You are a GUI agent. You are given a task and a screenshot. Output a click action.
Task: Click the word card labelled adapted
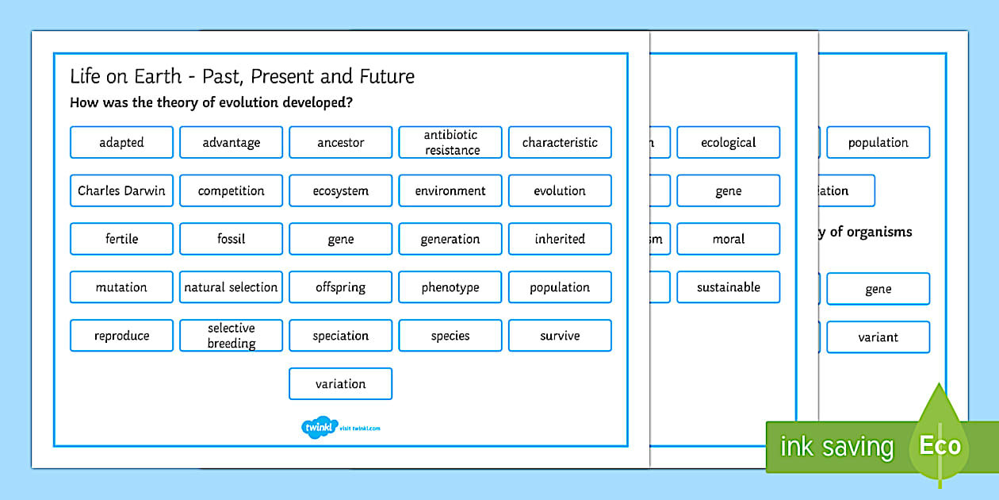[x=121, y=143]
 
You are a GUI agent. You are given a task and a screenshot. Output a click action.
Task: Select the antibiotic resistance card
[x=450, y=143]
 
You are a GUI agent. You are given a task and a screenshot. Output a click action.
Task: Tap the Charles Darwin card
[x=121, y=190]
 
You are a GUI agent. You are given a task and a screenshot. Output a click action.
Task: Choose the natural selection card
[x=231, y=287]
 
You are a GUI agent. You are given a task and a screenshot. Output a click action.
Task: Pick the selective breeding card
[x=231, y=336]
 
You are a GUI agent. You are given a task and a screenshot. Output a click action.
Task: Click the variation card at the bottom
[x=340, y=384]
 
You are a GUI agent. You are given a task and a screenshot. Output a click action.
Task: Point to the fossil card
[x=231, y=239]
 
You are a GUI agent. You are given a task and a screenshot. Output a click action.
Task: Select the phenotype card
[x=450, y=287]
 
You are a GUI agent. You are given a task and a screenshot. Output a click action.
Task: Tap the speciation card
[x=340, y=336]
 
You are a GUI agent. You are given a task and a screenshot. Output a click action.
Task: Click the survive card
[x=560, y=336]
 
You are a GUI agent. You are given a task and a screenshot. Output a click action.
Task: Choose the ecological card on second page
[x=728, y=143]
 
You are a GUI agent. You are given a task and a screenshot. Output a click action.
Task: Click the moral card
[x=728, y=239]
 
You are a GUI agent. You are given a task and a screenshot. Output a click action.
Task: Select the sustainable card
[x=728, y=287]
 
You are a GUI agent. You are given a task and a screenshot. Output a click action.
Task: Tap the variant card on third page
[x=878, y=337]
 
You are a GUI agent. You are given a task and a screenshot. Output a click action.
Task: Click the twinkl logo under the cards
[x=320, y=428]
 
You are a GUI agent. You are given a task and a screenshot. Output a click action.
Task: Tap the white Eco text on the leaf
[x=940, y=446]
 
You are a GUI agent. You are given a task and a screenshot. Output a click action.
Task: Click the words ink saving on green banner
[x=836, y=448]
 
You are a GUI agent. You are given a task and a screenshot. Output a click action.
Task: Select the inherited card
[x=560, y=239]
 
